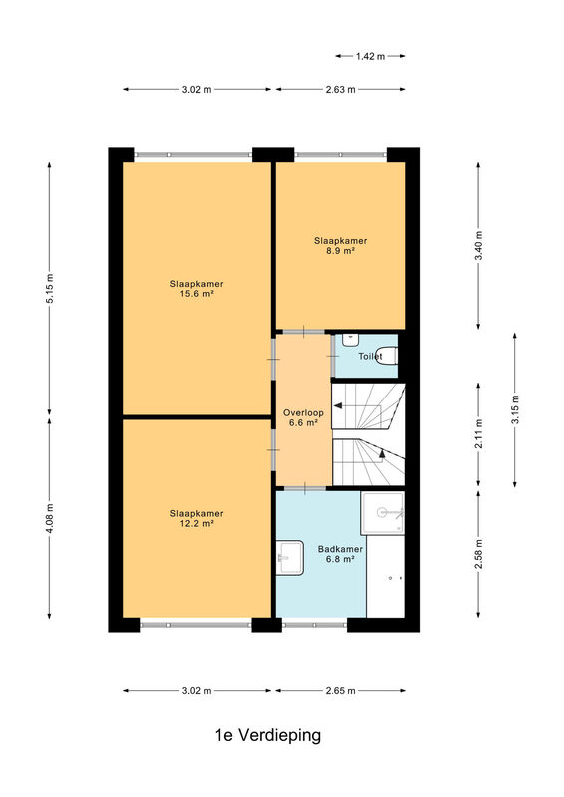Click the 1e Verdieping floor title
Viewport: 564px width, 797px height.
click(x=268, y=735)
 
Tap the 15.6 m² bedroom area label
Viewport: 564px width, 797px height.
click(x=197, y=289)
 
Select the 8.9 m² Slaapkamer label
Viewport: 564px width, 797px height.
click(x=340, y=245)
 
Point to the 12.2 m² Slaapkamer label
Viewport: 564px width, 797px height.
click(x=197, y=518)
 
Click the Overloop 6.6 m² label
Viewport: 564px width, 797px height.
click(x=303, y=417)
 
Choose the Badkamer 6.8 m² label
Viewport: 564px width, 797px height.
click(x=340, y=554)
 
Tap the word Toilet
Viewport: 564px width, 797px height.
click(x=371, y=356)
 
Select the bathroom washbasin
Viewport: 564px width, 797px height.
click(x=289, y=558)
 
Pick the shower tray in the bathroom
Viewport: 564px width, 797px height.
click(x=383, y=513)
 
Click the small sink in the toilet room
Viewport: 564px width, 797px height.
click(x=350, y=340)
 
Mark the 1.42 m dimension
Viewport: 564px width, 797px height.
click(x=370, y=56)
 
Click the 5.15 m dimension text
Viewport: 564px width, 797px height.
click(x=50, y=289)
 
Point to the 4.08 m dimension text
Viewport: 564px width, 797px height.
click(x=50, y=518)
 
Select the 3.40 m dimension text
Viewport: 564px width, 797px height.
click(x=478, y=245)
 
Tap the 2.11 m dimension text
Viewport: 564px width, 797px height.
click(x=478, y=434)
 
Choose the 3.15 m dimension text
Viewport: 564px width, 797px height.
click(x=515, y=409)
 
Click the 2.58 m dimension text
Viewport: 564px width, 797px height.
click(x=478, y=554)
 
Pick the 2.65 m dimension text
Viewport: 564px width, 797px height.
click(x=340, y=690)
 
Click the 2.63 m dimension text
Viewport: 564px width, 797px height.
click(x=340, y=89)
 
